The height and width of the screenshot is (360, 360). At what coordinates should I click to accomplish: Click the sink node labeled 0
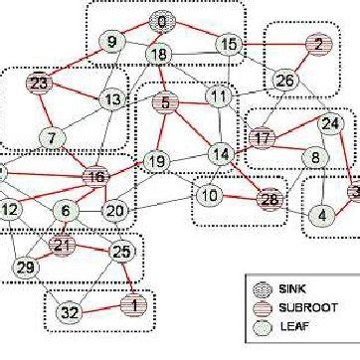(x=161, y=21)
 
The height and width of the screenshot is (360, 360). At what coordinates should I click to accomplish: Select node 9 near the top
(x=113, y=42)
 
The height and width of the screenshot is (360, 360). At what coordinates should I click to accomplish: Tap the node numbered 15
(x=228, y=44)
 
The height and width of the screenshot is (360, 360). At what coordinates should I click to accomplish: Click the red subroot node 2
(x=317, y=44)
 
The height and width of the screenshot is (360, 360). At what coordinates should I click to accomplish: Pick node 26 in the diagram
(x=285, y=80)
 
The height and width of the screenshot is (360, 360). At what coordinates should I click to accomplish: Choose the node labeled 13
(x=112, y=100)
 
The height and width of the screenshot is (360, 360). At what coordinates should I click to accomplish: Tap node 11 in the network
(x=219, y=96)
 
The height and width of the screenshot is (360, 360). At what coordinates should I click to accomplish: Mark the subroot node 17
(x=262, y=138)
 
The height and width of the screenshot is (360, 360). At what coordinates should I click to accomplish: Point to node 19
(x=155, y=160)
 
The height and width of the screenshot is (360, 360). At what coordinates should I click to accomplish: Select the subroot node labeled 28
(x=269, y=199)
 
